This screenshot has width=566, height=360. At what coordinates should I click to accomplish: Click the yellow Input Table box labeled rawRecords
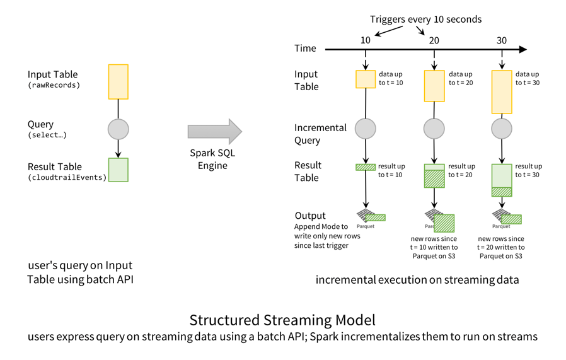pyautogui.click(x=118, y=82)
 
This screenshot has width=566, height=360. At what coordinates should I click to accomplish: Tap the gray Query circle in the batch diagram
pyautogui.click(x=118, y=129)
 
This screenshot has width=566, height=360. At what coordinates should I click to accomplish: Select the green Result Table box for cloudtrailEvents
pyautogui.click(x=118, y=170)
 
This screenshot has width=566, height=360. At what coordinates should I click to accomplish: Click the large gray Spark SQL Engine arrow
pyautogui.click(x=214, y=131)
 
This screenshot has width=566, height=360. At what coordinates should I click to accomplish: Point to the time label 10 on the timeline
pyautogui.click(x=366, y=40)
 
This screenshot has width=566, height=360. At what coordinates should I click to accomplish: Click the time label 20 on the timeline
pyautogui.click(x=434, y=40)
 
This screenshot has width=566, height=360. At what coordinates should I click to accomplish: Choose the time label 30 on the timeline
pyautogui.click(x=502, y=40)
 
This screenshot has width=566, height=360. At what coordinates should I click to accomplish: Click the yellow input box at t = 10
pyautogui.click(x=366, y=79)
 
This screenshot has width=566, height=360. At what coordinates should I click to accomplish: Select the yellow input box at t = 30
pyautogui.click(x=502, y=92)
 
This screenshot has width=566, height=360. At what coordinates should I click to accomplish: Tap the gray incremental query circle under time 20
pyautogui.click(x=434, y=129)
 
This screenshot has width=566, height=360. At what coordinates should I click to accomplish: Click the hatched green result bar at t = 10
pyautogui.click(x=366, y=167)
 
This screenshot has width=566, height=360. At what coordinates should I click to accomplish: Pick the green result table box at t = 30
pyautogui.click(x=502, y=180)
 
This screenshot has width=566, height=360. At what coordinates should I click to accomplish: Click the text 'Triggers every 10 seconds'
pyautogui.click(x=425, y=19)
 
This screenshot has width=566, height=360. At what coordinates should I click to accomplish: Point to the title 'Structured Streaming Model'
pyautogui.click(x=282, y=320)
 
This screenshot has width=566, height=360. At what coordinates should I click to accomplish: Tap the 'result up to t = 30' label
pyautogui.click(x=528, y=170)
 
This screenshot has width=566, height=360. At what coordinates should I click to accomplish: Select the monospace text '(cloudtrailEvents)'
pyautogui.click(x=67, y=178)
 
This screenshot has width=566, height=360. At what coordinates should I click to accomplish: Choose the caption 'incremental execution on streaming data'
pyautogui.click(x=417, y=279)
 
